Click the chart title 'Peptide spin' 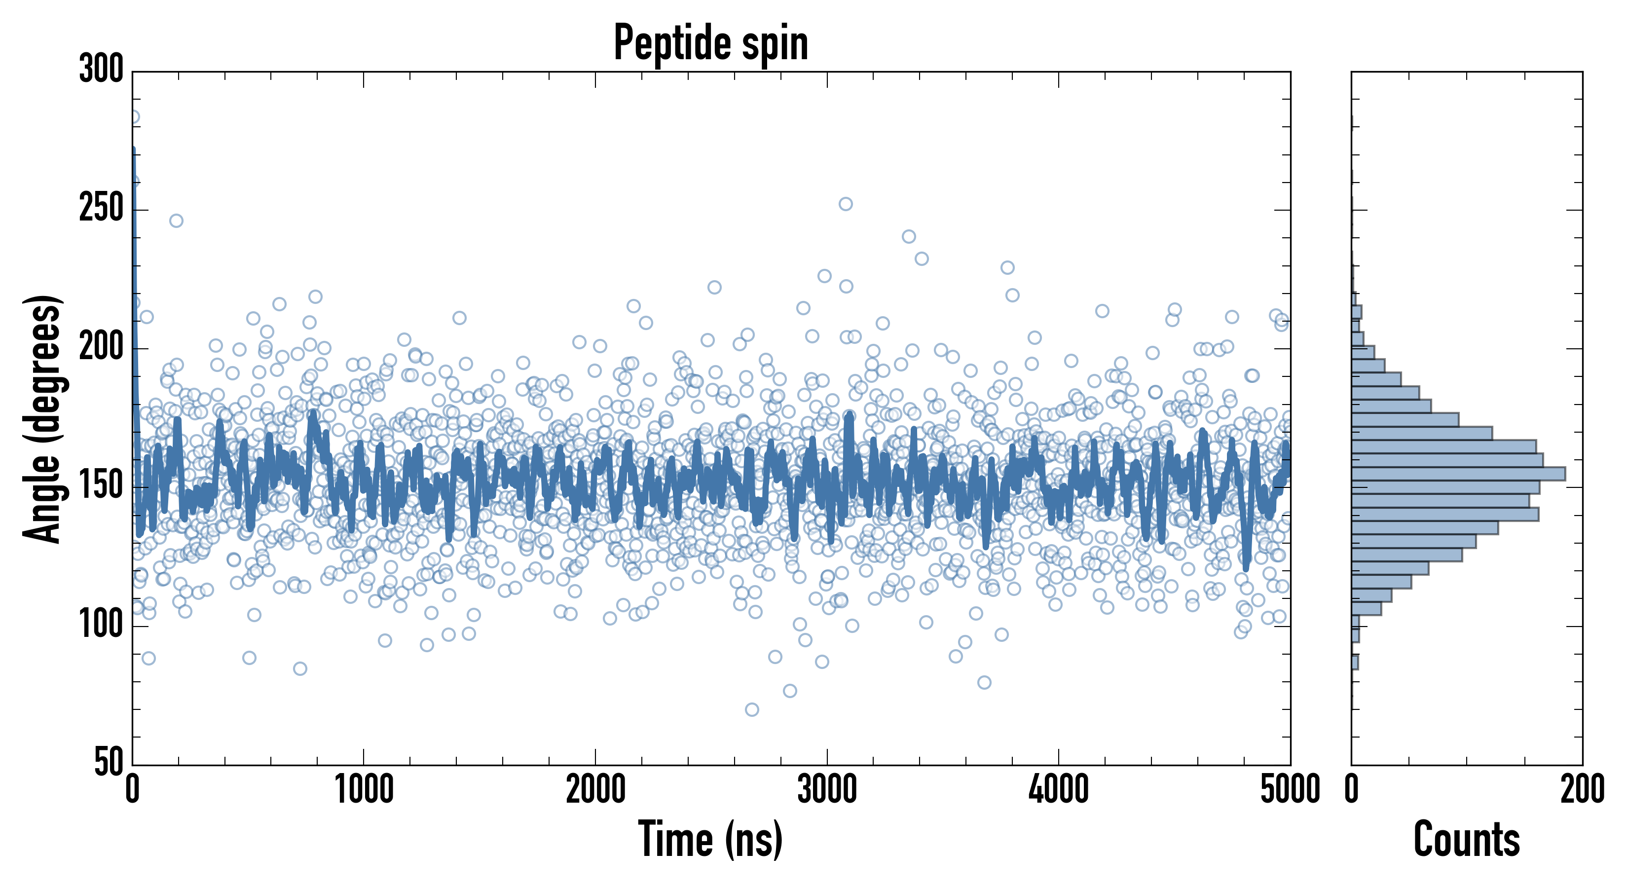711,43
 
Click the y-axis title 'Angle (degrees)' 43,418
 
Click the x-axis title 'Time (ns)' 711,839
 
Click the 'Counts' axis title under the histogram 1467,839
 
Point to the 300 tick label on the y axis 101,69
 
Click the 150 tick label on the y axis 101,486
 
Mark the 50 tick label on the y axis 109,762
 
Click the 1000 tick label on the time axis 364,789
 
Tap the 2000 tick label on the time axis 595,789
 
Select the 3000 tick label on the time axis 827,789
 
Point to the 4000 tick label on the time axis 1059,789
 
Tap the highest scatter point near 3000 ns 846,204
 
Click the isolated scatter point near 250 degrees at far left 176,221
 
